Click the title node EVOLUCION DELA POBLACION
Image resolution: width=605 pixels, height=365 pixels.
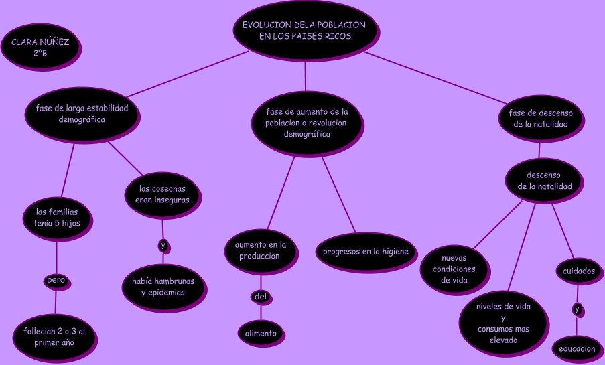pyautogui.click(x=304, y=30)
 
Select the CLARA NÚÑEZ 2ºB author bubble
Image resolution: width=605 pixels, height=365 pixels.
pyautogui.click(x=40, y=47)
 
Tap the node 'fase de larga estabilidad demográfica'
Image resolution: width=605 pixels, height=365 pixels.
pyautogui.click(x=82, y=113)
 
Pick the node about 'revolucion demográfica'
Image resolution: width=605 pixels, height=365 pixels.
pyautogui.click(x=307, y=123)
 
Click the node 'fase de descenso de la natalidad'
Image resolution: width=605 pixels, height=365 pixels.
pyautogui.click(x=541, y=118)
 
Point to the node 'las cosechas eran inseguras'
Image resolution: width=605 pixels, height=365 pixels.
pyautogui.click(x=162, y=194)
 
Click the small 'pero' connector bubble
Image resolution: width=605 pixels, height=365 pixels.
pyautogui.click(x=56, y=280)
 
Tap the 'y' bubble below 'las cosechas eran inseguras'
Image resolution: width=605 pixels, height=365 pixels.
pyautogui.click(x=163, y=246)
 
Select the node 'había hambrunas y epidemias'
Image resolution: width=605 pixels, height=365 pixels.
pyautogui.click(x=163, y=286)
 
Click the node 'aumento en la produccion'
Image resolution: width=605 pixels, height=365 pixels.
pyautogui.click(x=260, y=250)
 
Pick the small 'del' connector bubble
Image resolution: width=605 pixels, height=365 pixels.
pyautogui.click(x=261, y=296)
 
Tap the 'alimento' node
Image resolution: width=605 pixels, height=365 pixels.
pyautogui.click(x=261, y=333)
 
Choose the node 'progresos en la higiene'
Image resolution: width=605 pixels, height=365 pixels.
pyautogui.click(x=366, y=252)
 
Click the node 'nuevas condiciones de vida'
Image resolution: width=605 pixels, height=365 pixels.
pyautogui.click(x=454, y=269)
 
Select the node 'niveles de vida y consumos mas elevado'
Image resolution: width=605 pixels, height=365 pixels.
pyautogui.click(x=503, y=323)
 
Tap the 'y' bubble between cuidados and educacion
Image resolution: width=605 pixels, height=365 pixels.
pyautogui.click(x=577, y=309)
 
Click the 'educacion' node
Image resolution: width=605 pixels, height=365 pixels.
pyautogui.click(x=577, y=348)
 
